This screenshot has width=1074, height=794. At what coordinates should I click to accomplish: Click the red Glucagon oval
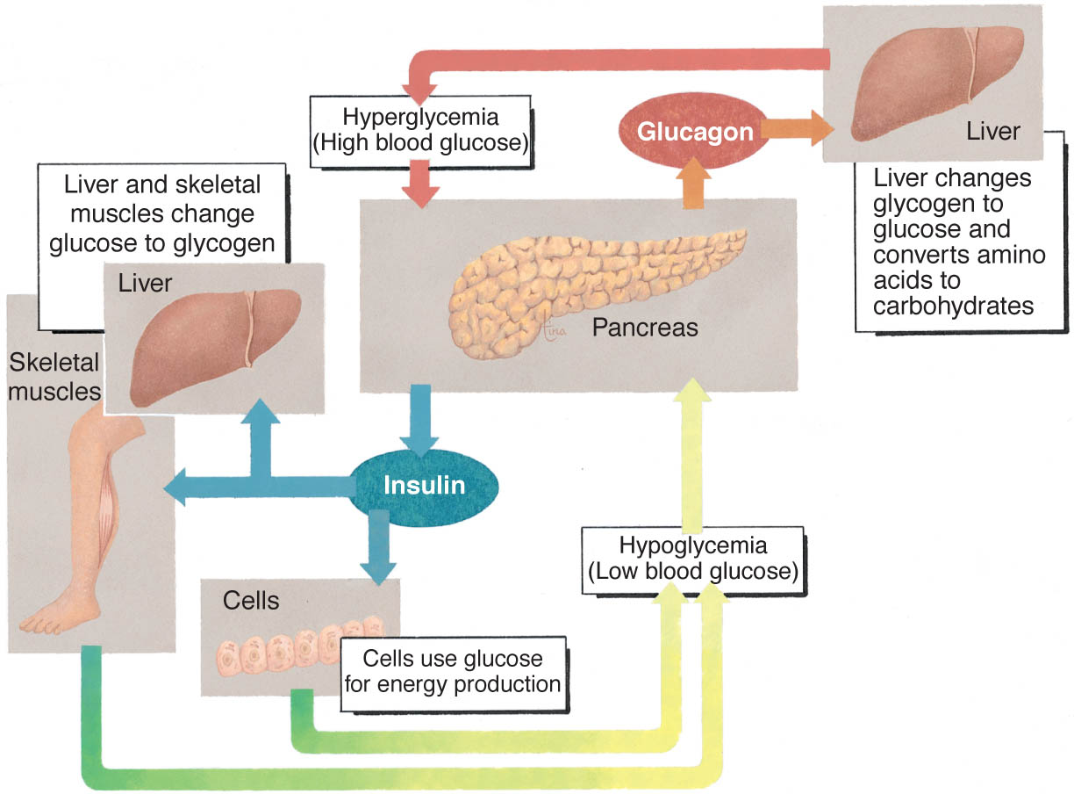pyautogui.click(x=694, y=131)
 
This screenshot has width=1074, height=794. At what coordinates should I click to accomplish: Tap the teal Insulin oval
pyautogui.click(x=424, y=487)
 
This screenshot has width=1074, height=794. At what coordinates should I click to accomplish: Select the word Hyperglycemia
pyautogui.click(x=420, y=117)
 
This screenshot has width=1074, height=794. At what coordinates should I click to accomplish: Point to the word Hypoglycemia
pyautogui.click(x=693, y=545)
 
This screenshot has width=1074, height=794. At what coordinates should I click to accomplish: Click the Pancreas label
pyautogui.click(x=645, y=328)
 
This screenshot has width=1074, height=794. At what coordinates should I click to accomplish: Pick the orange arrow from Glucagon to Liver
pyautogui.click(x=798, y=128)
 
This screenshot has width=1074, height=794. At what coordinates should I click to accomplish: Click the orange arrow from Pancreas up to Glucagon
pyautogui.click(x=693, y=184)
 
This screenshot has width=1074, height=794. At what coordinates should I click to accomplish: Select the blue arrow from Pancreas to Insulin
pyautogui.click(x=420, y=420)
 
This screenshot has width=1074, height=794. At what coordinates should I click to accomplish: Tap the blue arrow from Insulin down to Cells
pyautogui.click(x=379, y=547)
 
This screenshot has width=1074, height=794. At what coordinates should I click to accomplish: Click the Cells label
pyautogui.click(x=251, y=601)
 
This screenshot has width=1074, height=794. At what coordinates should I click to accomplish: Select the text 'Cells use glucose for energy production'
pyautogui.click(x=453, y=671)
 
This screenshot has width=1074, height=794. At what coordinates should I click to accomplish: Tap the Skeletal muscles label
pyautogui.click(x=54, y=377)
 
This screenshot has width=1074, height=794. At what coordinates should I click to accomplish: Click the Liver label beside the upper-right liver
pyautogui.click(x=993, y=132)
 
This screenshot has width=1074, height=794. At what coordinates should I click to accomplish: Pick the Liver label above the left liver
pyautogui.click(x=145, y=283)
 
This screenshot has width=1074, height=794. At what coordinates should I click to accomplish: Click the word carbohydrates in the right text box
pyautogui.click(x=954, y=306)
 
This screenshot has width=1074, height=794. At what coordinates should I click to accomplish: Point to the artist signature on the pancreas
pyautogui.click(x=553, y=328)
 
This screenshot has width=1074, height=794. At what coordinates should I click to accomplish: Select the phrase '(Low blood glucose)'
pyautogui.click(x=693, y=571)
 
